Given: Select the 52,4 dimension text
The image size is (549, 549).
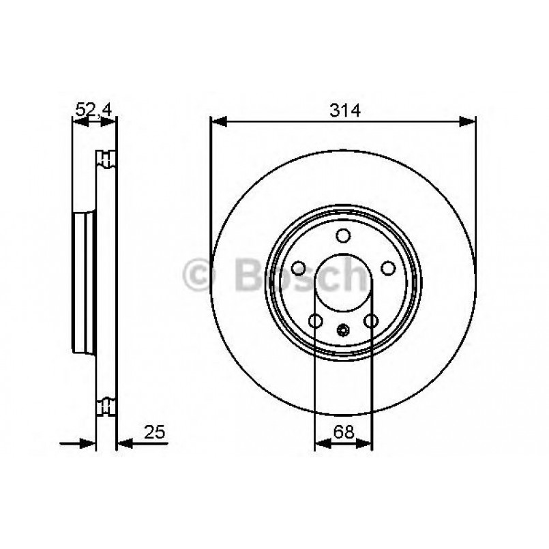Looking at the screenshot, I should click(94, 108).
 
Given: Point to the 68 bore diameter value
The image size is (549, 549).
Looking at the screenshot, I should click(343, 431).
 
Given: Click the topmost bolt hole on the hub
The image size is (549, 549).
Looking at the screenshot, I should click(343, 236).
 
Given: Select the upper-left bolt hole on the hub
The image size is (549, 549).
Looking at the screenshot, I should click(298, 268).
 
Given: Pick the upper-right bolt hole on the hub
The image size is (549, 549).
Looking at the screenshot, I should click(388, 268).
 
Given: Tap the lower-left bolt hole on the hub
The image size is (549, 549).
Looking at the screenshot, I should click(316, 321).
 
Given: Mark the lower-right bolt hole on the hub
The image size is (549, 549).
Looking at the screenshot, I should click(371, 321).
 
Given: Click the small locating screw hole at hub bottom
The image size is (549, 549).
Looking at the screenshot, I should click(343, 331).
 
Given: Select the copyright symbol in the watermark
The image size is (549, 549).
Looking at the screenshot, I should click(199, 276).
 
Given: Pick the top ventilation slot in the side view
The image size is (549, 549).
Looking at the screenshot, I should click(106, 158).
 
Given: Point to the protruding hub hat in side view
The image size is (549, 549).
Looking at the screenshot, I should click(83, 282).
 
